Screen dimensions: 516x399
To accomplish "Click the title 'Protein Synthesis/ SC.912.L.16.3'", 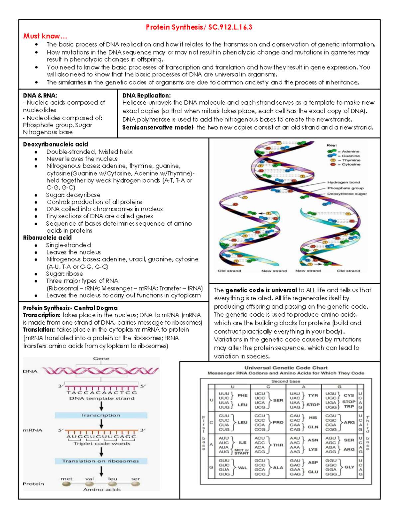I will pyautogui.click(x=199, y=27).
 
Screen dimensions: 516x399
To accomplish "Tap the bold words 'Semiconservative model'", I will pyautogui.click(x=158, y=128).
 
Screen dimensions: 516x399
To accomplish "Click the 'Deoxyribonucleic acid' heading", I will pyautogui.click(x=56, y=144).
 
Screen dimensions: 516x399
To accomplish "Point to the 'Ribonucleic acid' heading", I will pyautogui.click(x=47, y=238).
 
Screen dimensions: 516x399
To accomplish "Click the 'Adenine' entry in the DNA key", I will pyautogui.click(x=350, y=152).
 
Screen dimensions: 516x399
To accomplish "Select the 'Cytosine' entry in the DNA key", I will pyautogui.click(x=351, y=164).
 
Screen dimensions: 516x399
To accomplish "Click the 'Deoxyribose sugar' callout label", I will pyautogui.click(x=347, y=194).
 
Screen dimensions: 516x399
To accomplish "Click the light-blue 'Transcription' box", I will pyautogui.click(x=101, y=415).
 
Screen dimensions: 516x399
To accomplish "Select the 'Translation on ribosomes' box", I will pyautogui.click(x=101, y=461).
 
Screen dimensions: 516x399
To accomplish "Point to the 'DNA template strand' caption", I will pyautogui.click(x=102, y=398).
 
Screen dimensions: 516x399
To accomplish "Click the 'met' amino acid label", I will pyautogui.click(x=66, y=479).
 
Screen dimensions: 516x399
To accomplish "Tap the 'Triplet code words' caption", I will pyautogui.click(x=102, y=444).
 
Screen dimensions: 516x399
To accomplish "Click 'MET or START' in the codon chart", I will pyautogui.click(x=241, y=452).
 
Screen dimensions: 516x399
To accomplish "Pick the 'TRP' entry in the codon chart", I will pyautogui.click(x=349, y=407).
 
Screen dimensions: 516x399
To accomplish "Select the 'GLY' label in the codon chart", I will pyautogui.click(x=349, y=467).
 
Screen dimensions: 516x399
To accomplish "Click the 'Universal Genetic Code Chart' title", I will pyautogui.click(x=286, y=368).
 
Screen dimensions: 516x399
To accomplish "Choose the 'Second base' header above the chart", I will pyautogui.click(x=286, y=381).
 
